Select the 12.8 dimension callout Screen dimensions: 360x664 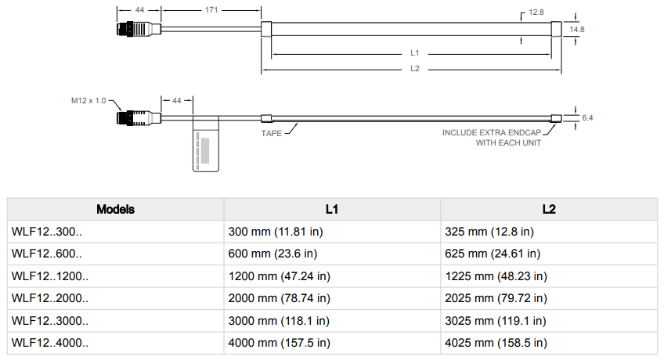point(536,13)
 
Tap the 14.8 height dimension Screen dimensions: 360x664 point(577,29)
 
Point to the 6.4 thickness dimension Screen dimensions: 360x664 point(587,118)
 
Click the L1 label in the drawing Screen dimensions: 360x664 point(415,53)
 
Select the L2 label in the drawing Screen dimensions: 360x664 point(415,69)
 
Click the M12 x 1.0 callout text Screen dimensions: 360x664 point(88,100)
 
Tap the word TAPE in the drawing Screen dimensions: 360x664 point(270,133)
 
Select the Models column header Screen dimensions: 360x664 point(115,210)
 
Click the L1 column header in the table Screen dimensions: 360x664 point(332,210)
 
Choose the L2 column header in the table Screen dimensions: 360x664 point(548,210)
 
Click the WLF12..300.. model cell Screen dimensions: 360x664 point(47,232)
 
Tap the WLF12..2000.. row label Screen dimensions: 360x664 point(50,298)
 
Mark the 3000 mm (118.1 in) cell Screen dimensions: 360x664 point(278,320)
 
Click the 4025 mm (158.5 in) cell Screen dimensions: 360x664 point(495,343)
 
